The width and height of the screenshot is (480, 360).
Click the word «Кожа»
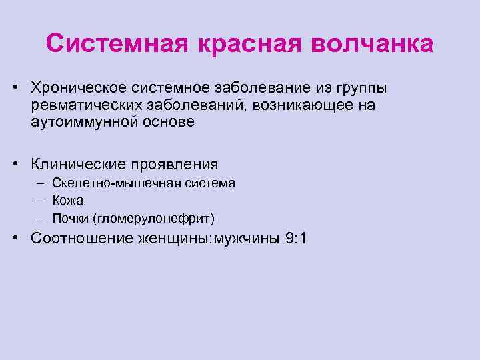pos(69,201)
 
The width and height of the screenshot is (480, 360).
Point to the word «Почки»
pos(72,218)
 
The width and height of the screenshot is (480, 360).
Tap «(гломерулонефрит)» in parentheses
pos(154,218)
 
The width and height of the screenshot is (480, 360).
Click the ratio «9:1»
pos(295,239)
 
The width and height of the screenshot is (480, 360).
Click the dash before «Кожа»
pos(41,201)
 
